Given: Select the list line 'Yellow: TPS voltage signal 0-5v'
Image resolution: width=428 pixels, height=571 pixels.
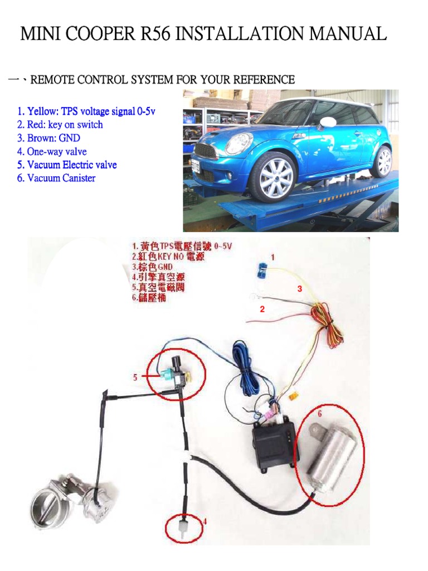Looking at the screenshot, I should pyautogui.click(x=86, y=112).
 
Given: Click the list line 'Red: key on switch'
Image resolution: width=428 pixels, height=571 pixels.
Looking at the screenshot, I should pyautogui.click(x=60, y=125).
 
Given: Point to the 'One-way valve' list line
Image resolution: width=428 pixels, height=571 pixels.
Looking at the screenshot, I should pyautogui.click(x=51, y=152).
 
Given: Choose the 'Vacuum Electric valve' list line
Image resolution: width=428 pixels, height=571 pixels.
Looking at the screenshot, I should pyautogui.click(x=66, y=165).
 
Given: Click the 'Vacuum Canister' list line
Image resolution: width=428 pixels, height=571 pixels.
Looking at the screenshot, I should pyautogui.click(x=56, y=178).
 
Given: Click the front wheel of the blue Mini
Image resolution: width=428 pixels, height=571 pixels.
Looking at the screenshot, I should pyautogui.click(x=272, y=177).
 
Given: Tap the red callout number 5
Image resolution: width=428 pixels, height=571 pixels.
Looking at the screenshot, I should pyautogui.click(x=135, y=378).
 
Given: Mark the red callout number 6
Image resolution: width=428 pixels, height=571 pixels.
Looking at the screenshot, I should pyautogui.click(x=319, y=414).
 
